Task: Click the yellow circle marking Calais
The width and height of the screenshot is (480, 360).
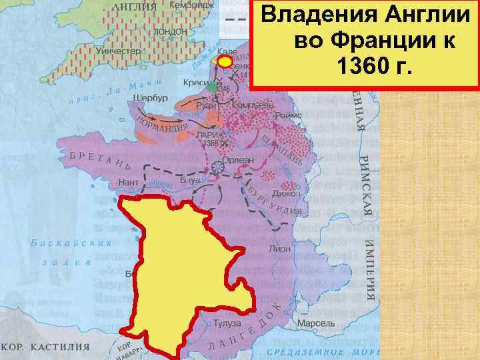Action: click(x=226, y=62)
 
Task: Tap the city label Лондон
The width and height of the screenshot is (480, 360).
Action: click(x=170, y=32)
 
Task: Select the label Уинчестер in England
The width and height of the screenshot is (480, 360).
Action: click(x=120, y=51)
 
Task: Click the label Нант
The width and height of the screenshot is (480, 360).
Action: click(x=128, y=181)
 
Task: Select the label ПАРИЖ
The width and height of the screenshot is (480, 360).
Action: click(x=210, y=134)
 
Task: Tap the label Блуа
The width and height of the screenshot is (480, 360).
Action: click(x=188, y=179)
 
